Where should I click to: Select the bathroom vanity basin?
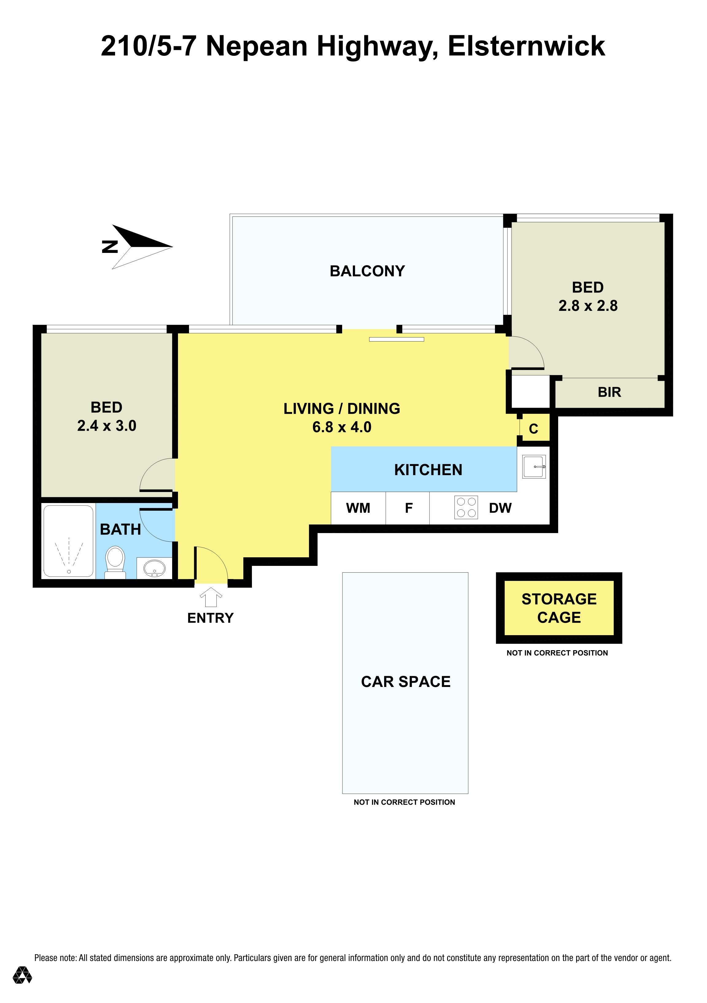coord(154,568)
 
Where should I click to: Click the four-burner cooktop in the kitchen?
coord(466,507)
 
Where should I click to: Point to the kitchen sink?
coord(534,467)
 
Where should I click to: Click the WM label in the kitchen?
coord(358,508)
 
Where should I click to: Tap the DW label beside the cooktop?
coord(500,508)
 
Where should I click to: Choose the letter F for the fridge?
coord(409,508)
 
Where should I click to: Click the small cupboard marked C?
coord(533,429)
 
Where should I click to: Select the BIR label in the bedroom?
coord(609,392)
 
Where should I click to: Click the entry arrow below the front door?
coord(211,597)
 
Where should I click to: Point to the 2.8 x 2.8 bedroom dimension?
coord(588,305)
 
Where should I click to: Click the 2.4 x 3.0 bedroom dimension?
coord(107,425)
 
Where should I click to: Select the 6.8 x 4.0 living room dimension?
coord(342,427)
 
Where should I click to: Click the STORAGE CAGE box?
coord(559,608)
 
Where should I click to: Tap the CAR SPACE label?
coord(406,681)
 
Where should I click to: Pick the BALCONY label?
coord(367,271)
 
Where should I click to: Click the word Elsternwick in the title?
coord(527,46)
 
